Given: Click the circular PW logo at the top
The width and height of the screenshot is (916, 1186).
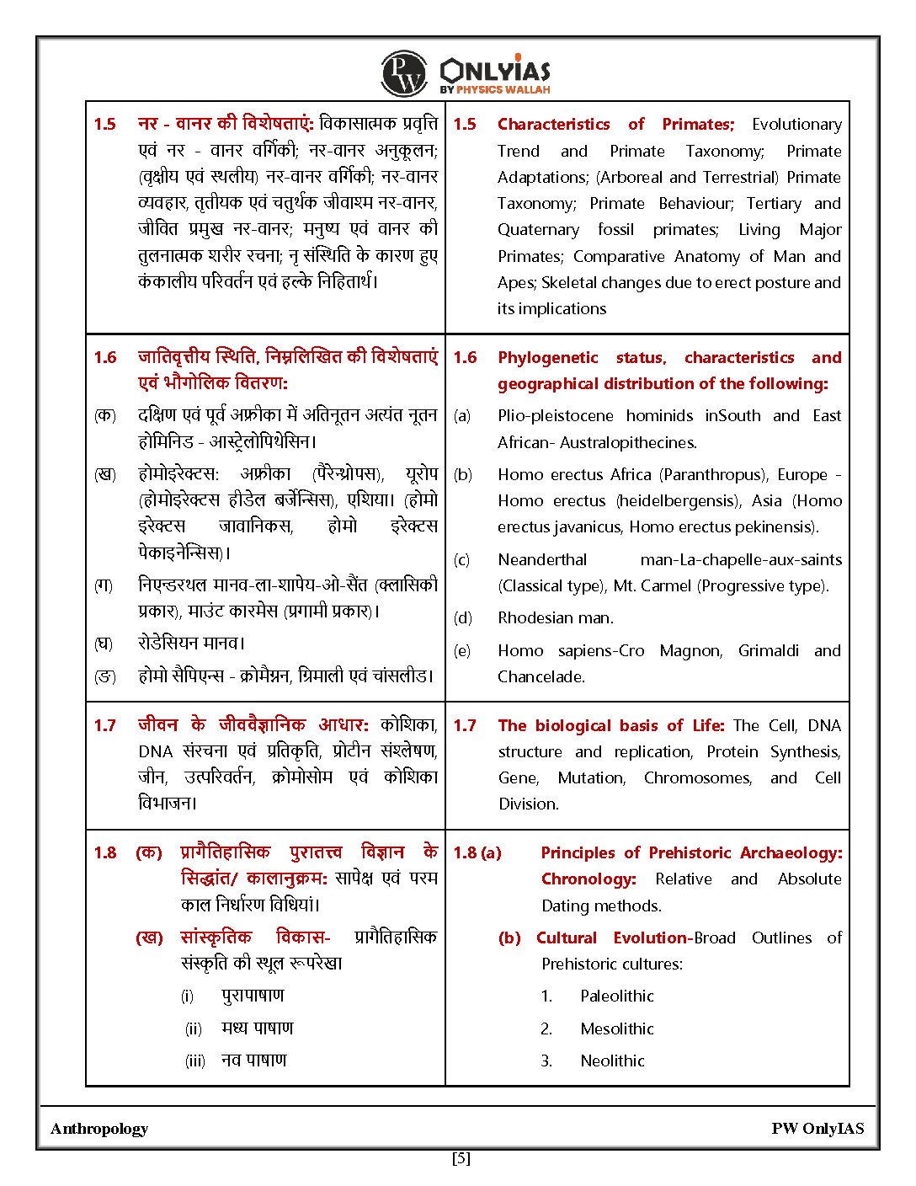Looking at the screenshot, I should [404, 74].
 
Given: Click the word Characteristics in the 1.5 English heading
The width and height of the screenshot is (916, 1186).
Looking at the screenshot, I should [553, 125].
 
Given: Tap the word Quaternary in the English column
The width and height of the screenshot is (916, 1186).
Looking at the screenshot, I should [538, 230].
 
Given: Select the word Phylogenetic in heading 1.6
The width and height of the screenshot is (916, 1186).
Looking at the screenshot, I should [547, 358].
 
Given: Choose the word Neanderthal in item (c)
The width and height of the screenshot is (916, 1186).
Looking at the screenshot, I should [542, 560].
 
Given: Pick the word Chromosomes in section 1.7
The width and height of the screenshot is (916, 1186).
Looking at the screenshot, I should [697, 778].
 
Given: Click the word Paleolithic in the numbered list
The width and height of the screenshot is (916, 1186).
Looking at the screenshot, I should [616, 996].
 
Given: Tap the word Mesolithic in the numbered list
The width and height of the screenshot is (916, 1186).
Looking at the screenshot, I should [616, 1029].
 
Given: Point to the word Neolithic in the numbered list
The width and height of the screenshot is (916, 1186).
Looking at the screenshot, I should [612, 1061].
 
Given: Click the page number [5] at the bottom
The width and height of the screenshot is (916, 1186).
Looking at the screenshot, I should [461, 1159].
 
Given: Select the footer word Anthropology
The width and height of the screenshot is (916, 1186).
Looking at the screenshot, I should [99, 1130].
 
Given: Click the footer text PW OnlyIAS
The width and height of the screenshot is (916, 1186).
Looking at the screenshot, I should [817, 1130].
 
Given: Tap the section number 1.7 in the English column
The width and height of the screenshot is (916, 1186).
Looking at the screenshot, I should [464, 726].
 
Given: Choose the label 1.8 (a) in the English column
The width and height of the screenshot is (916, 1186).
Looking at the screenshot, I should [477, 853].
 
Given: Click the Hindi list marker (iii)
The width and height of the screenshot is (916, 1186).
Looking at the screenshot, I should [194, 1061].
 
